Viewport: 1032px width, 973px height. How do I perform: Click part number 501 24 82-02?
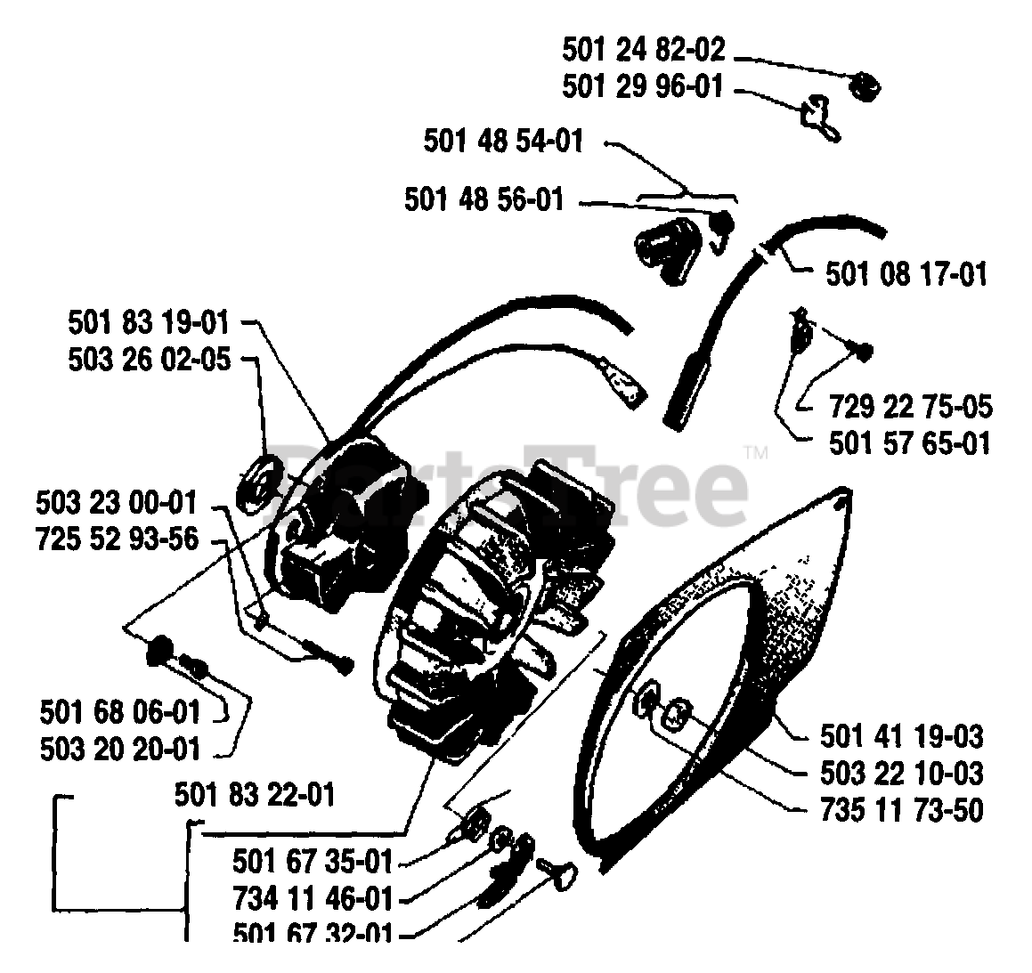(643, 50)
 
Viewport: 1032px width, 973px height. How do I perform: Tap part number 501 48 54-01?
(503, 141)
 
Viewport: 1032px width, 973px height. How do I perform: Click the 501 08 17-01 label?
(906, 273)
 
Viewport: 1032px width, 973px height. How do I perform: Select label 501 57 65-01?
(908, 442)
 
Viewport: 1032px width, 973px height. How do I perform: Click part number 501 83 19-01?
(148, 321)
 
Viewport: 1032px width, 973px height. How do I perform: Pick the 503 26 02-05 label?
(148, 360)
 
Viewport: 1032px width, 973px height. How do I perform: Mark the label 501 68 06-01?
(120, 712)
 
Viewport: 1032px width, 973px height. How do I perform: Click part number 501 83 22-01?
(255, 793)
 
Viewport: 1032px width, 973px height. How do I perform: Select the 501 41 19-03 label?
(901, 736)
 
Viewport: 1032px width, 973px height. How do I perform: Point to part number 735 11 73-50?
(901, 811)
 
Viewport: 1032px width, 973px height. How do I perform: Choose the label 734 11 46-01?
(313, 898)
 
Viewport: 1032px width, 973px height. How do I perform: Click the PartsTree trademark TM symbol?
(757, 453)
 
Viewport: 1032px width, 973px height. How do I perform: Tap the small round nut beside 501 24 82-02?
(865, 87)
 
